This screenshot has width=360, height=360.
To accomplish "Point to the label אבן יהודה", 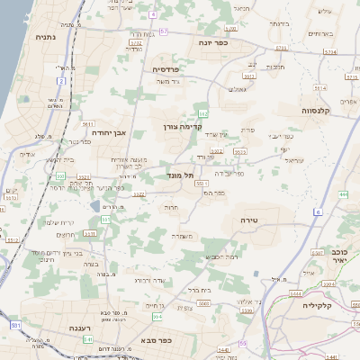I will pos(106,131).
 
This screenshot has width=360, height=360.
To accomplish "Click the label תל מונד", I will pos(181,175).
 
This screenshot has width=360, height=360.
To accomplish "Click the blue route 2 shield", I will pos(62,81).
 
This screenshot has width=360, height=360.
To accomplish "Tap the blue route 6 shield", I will pos(319,211).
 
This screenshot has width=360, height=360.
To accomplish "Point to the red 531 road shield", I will pos(15,323).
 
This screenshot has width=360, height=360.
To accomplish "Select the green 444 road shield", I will pos(344,193).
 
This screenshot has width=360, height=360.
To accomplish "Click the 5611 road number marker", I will pos(88,122).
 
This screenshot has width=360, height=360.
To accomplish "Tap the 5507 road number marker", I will pos(317,252).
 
